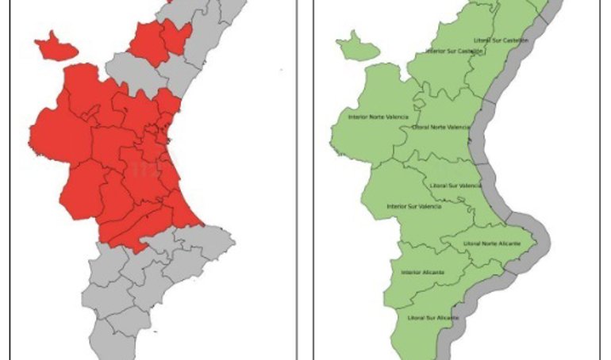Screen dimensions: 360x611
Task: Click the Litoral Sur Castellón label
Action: pyautogui.click(x=500, y=40)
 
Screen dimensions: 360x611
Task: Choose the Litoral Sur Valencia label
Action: pyautogui.click(x=455, y=186)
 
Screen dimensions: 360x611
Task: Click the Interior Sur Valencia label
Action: pyautogui.click(x=413, y=206)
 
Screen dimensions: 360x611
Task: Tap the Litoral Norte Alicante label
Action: pyautogui.click(x=491, y=243)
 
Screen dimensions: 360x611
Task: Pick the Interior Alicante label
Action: pyautogui.click(x=422, y=273)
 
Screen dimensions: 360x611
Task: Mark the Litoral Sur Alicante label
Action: pyautogui.click(x=432, y=317)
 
